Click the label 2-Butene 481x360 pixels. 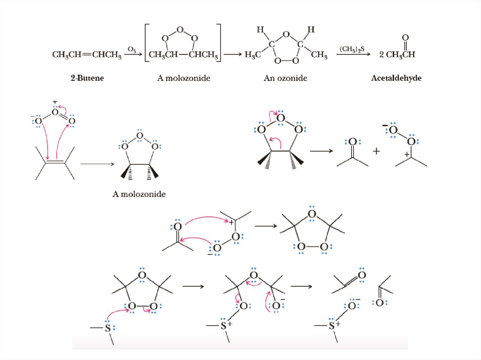(x=85, y=78)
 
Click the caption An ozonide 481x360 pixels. (x=285, y=78)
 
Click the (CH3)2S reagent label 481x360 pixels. (x=352, y=49)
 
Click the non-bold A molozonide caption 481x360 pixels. (x=139, y=193)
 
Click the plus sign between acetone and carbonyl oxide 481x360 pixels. (x=376, y=151)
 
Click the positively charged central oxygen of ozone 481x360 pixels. (x=55, y=112)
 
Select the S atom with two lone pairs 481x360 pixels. (x=108, y=329)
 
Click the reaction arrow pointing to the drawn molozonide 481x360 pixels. (x=98, y=164)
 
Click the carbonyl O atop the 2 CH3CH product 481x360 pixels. (x=405, y=38)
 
